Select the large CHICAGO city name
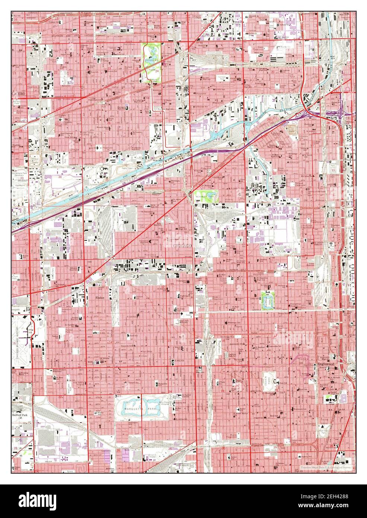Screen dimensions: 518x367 182,246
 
